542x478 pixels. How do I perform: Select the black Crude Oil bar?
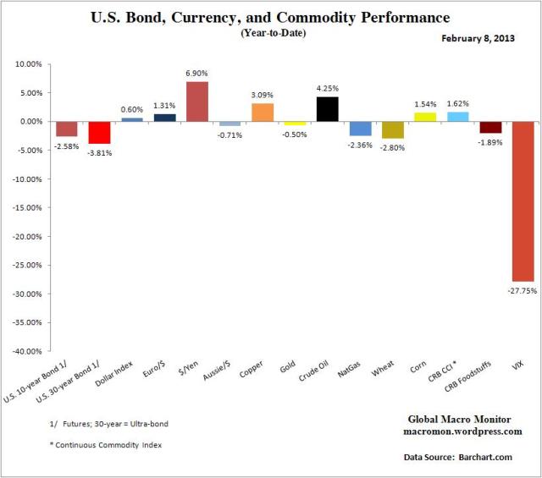(x=328, y=109)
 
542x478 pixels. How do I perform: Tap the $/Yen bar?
(x=197, y=102)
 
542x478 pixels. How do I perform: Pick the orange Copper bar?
(x=263, y=113)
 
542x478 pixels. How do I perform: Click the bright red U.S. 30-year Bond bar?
(x=100, y=132)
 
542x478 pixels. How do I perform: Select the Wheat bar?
(x=393, y=129)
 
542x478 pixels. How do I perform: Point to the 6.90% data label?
(x=197, y=74)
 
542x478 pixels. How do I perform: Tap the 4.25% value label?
(x=328, y=90)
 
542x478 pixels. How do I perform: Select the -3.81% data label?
(x=100, y=152)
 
